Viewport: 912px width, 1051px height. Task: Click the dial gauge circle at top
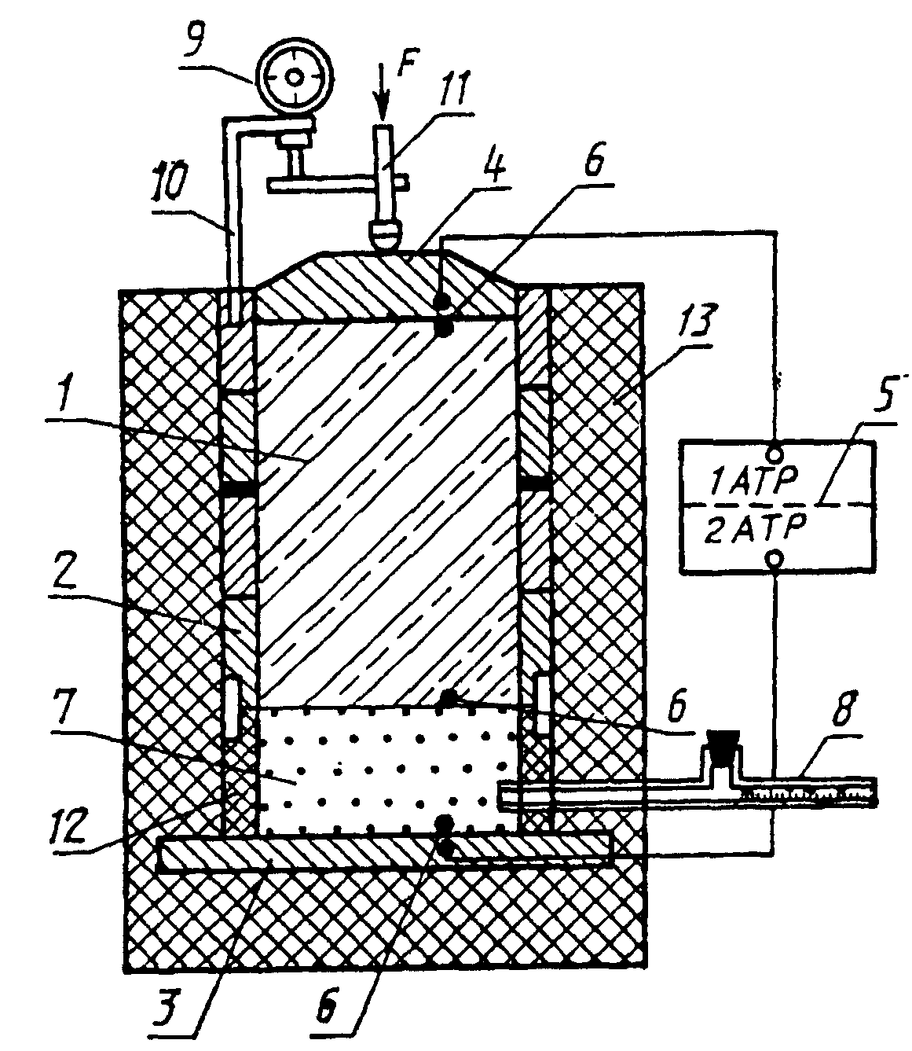pos(294,79)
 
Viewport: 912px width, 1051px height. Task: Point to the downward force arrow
pos(384,95)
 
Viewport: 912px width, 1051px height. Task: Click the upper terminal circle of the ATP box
pos(775,454)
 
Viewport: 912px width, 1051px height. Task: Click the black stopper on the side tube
pos(723,744)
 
